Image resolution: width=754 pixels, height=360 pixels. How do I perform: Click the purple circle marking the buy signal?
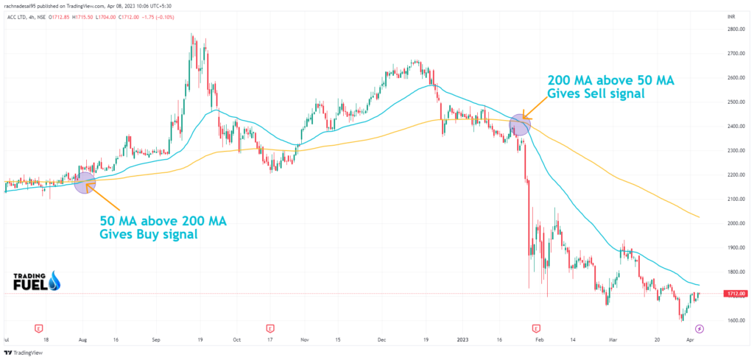(x=85, y=183)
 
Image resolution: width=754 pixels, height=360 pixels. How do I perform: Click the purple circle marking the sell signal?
(x=520, y=124)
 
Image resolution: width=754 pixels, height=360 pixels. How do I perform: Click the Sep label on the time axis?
(x=156, y=341)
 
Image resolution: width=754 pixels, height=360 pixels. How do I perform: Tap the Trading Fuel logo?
(x=35, y=282)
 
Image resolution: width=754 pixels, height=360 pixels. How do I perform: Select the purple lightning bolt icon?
(x=700, y=328)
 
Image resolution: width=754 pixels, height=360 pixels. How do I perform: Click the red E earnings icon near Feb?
(x=536, y=328)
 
